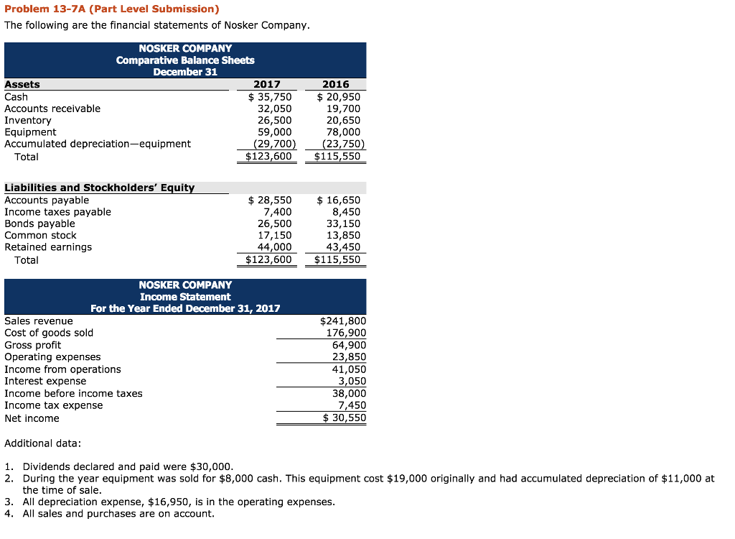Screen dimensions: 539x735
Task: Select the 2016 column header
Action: (336, 84)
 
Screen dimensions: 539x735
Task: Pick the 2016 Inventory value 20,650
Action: (343, 120)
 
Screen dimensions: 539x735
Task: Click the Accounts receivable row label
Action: (52, 109)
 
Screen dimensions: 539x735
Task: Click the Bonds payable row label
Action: (39, 224)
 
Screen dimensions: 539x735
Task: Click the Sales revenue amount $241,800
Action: (342, 321)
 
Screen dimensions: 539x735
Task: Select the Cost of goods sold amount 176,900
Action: (346, 333)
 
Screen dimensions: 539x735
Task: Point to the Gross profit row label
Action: (33, 345)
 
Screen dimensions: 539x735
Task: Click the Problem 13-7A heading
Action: (111, 9)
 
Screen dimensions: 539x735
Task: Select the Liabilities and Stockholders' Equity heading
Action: (99, 188)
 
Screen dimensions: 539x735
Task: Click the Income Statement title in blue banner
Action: (185, 297)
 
